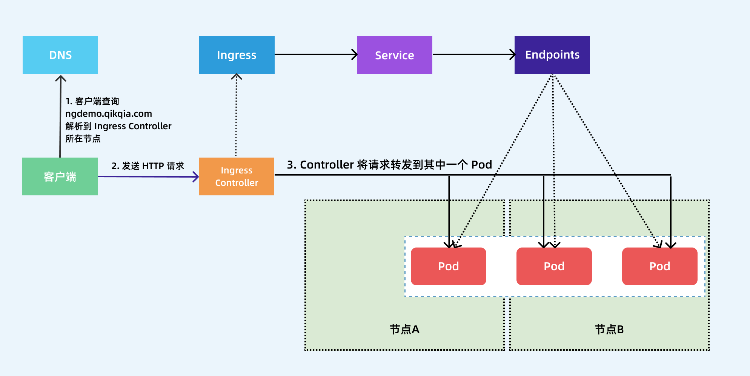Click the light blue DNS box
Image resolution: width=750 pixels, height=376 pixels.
pyautogui.click(x=60, y=55)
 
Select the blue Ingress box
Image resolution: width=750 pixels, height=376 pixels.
pyautogui.click(x=237, y=55)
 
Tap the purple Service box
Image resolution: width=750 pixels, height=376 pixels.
pyautogui.click(x=394, y=55)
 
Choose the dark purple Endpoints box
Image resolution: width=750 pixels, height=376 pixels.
pyautogui.click(x=552, y=55)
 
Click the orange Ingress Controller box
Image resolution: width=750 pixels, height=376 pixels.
pyautogui.click(x=237, y=176)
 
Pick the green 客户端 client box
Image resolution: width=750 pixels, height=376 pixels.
pyautogui.click(x=60, y=176)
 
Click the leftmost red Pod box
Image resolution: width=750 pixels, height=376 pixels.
pyautogui.click(x=448, y=266)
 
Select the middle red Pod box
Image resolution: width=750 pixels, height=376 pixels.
pyautogui.click(x=554, y=266)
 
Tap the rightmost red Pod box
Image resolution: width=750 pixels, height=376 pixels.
pyautogui.click(x=659, y=266)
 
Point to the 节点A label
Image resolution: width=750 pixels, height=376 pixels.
pyautogui.click(x=404, y=330)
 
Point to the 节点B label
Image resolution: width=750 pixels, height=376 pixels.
pyautogui.click(x=609, y=330)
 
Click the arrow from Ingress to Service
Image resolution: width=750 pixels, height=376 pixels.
pyautogui.click(x=315, y=54)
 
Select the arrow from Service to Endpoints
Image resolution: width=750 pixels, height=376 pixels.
pyautogui.click(x=473, y=54)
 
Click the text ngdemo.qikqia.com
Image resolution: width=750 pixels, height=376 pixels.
pyautogui.click(x=109, y=114)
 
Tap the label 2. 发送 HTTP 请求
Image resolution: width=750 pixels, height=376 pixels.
pyautogui.click(x=148, y=166)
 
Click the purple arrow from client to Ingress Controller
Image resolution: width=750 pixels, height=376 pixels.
pyautogui.click(x=148, y=176)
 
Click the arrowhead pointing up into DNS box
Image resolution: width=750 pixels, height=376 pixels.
pyautogui.click(x=61, y=78)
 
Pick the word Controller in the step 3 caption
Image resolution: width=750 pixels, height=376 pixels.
pyautogui.click(x=327, y=165)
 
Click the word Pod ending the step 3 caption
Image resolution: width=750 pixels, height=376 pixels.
pyautogui.click(x=481, y=165)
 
